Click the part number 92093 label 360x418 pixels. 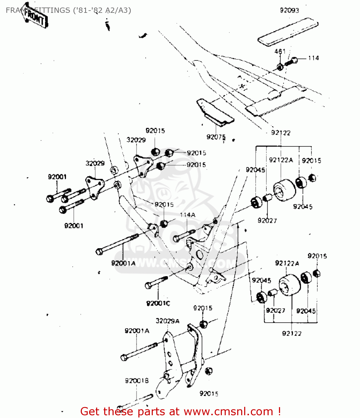click(290, 11)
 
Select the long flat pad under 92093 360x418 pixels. click(288, 31)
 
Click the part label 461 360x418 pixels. click(280, 51)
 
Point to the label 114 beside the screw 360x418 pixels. click(314, 58)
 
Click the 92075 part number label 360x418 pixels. click(216, 137)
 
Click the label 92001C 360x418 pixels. click(158, 303)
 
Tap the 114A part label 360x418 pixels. click(188, 215)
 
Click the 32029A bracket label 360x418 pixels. click(168, 321)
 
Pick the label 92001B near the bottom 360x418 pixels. click(137, 381)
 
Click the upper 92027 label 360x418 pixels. click(267, 221)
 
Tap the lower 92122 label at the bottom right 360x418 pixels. click(292, 334)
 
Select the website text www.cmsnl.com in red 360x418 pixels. click(228, 411)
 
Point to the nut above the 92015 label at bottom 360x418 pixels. click(208, 371)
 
